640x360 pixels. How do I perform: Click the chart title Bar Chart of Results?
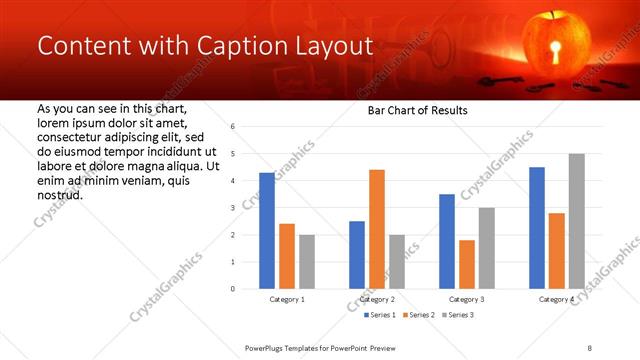(x=419, y=110)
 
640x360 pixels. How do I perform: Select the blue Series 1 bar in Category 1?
(x=266, y=231)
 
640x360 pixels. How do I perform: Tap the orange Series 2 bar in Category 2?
(x=376, y=229)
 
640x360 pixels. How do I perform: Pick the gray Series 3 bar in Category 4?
(x=576, y=221)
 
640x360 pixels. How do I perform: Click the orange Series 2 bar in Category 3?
(x=466, y=264)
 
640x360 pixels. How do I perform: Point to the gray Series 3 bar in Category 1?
(x=306, y=262)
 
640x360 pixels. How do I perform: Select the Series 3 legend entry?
(x=456, y=315)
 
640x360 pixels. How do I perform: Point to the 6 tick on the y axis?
(x=232, y=127)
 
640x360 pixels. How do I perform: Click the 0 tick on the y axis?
(x=232, y=289)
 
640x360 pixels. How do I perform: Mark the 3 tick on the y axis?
(x=232, y=208)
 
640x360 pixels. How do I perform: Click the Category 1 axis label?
(x=286, y=299)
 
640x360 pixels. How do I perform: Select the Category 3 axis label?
(x=466, y=299)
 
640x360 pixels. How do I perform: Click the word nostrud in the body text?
(x=59, y=194)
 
